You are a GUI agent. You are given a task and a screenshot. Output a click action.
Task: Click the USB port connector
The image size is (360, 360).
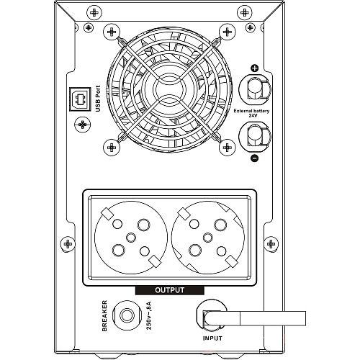(80, 99)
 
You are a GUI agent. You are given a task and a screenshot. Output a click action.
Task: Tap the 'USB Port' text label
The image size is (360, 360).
(98, 99)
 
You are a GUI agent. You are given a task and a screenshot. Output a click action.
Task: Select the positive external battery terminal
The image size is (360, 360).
(255, 89)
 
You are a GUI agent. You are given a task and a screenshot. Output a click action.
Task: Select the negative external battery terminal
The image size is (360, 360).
(255, 137)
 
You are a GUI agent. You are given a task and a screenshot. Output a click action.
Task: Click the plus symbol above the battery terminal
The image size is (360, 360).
(254, 68)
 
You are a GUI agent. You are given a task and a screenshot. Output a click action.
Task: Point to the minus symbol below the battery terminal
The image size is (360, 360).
(254, 158)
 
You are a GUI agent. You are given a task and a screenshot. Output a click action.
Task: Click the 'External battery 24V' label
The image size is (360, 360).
(251, 113)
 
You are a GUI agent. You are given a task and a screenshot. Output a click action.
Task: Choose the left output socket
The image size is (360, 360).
(131, 238)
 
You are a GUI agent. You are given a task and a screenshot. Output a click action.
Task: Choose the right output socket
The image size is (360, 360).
(208, 238)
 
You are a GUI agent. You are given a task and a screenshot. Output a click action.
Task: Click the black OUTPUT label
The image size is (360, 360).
(170, 290)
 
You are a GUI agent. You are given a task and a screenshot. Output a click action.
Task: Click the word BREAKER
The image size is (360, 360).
(104, 315)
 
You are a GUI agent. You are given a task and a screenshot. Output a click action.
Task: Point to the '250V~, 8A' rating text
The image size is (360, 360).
(149, 315)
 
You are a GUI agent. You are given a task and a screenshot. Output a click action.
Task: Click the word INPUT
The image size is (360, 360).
(212, 338)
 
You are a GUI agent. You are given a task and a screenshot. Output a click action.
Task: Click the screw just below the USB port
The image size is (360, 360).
(83, 125)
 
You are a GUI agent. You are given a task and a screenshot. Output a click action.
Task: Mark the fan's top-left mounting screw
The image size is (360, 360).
(112, 32)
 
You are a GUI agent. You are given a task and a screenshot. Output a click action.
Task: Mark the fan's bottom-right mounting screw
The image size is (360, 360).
(227, 147)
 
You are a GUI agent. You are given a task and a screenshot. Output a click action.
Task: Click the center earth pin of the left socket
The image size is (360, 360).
(131, 238)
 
